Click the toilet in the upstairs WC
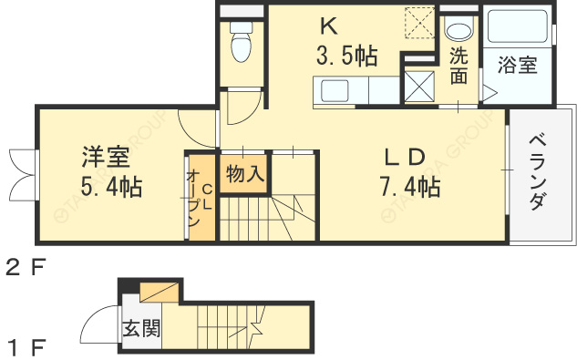(242, 42)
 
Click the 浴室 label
(517, 66)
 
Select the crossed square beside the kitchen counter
(420, 87)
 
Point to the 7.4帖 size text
(410, 188)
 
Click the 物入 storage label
(244, 173)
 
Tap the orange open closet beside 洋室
(200, 197)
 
